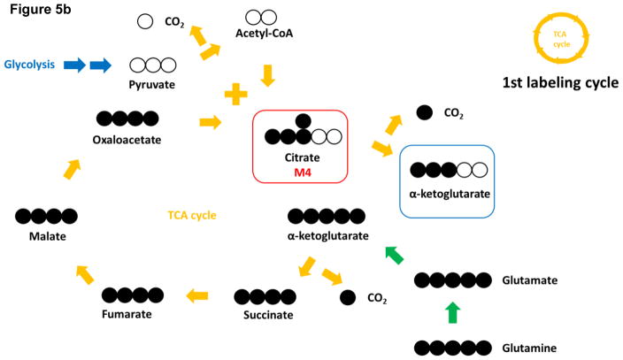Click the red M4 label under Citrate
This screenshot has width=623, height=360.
(303, 172)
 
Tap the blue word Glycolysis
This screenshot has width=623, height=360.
(29, 65)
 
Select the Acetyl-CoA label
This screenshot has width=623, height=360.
(265, 33)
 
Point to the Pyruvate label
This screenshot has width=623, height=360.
(152, 85)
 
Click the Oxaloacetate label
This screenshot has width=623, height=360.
(127, 140)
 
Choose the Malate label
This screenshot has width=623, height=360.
(47, 236)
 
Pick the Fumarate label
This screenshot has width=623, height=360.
(127, 314)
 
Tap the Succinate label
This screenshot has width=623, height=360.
(268, 315)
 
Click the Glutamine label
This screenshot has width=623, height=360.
(529, 349)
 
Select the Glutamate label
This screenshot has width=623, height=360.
(529, 280)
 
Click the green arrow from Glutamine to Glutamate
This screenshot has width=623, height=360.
(453, 313)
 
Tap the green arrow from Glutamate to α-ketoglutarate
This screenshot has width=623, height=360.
(394, 255)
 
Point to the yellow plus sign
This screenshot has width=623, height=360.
(236, 94)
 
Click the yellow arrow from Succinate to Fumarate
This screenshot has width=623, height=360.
(197, 295)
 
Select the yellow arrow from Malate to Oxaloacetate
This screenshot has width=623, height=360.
(73, 169)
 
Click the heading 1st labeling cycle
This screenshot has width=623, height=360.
(560, 82)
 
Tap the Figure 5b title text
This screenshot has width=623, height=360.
(40, 9)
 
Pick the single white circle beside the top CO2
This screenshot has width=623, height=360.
(145, 21)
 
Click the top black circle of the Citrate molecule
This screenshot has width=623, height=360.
(304, 121)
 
